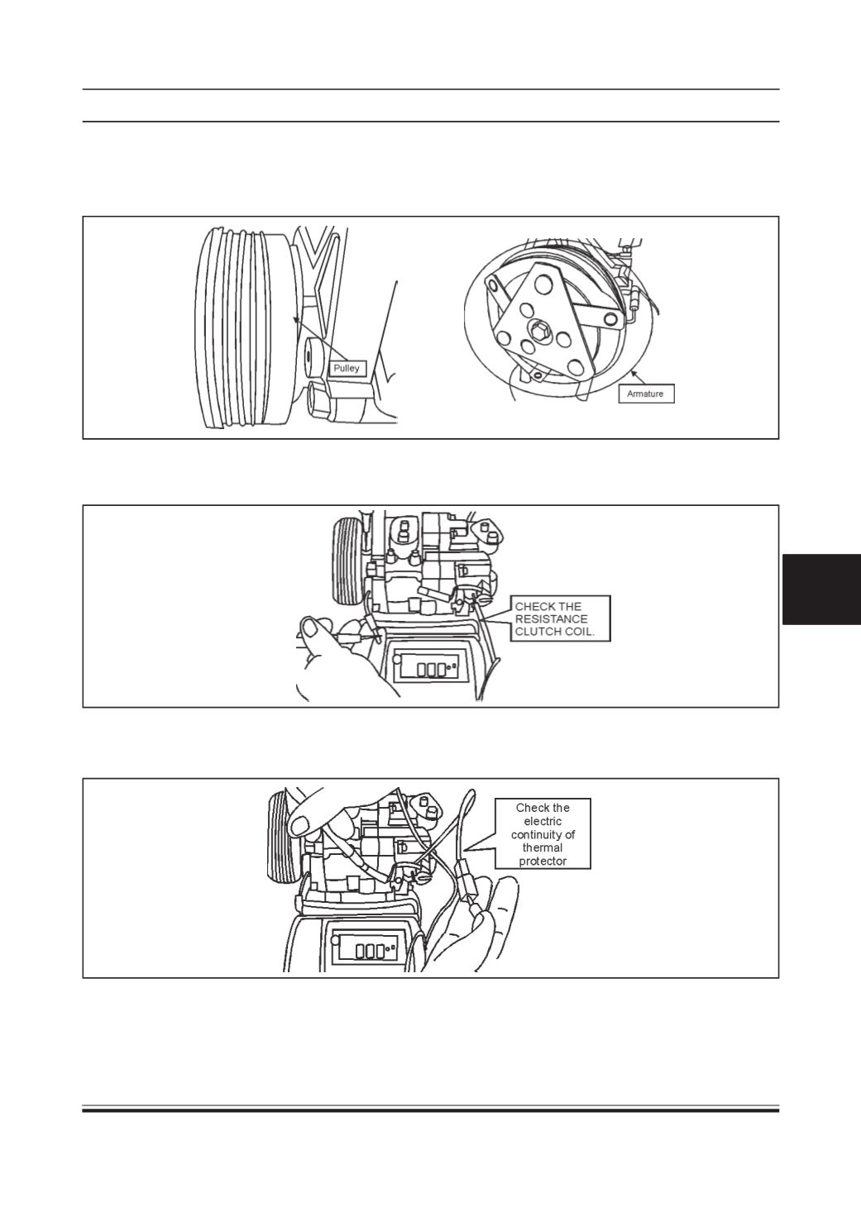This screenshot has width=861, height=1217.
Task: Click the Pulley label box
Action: [347, 369]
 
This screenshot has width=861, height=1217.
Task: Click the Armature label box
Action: [646, 394]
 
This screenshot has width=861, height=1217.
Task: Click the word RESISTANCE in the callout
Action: [551, 618]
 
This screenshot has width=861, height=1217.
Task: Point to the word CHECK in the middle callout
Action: [532, 606]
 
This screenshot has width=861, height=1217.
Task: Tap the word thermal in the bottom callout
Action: [543, 847]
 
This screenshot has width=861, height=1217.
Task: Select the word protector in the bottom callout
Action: [543, 861]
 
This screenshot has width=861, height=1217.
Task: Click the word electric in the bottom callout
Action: [543, 821]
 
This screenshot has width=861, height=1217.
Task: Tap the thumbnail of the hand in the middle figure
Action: [312, 628]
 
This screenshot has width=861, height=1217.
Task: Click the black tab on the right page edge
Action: [822, 589]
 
